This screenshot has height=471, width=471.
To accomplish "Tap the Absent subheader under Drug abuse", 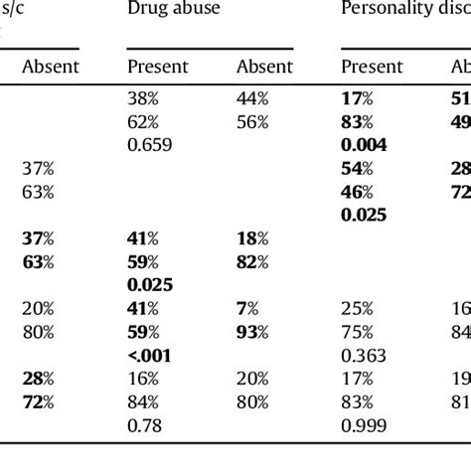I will tap(264, 67).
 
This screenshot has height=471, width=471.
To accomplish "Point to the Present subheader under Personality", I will tap(372, 67).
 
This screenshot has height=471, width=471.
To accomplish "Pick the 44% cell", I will tap(251, 98).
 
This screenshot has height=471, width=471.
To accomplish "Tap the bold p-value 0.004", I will tap(364, 144).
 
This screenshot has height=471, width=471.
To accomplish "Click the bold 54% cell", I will tap(358, 168).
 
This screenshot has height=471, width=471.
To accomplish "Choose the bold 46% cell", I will tap(358, 192).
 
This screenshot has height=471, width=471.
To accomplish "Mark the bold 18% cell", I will tap(251, 238).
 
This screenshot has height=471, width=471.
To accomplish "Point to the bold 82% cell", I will tap(251, 262).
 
